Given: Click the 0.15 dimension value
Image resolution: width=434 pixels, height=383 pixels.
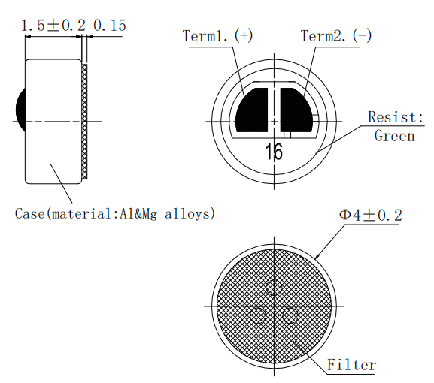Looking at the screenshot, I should click(x=110, y=26).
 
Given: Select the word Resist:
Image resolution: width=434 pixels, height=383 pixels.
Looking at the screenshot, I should click(x=396, y=118).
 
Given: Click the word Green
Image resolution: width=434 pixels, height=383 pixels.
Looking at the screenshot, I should click(x=394, y=136).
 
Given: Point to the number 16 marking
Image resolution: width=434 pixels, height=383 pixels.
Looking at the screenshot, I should click(x=275, y=152).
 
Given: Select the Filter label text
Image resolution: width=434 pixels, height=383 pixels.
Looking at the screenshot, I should click(x=351, y=366).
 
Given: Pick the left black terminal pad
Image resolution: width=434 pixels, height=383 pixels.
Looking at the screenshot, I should click(x=253, y=110).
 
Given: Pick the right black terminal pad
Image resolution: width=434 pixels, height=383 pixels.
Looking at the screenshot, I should click(x=298, y=110).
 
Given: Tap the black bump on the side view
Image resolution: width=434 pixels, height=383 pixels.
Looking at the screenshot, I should click(x=20, y=108).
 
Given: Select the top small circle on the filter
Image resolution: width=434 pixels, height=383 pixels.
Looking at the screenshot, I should click(x=274, y=287).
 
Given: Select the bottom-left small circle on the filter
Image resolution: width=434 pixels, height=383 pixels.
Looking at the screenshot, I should click(x=258, y=315).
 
